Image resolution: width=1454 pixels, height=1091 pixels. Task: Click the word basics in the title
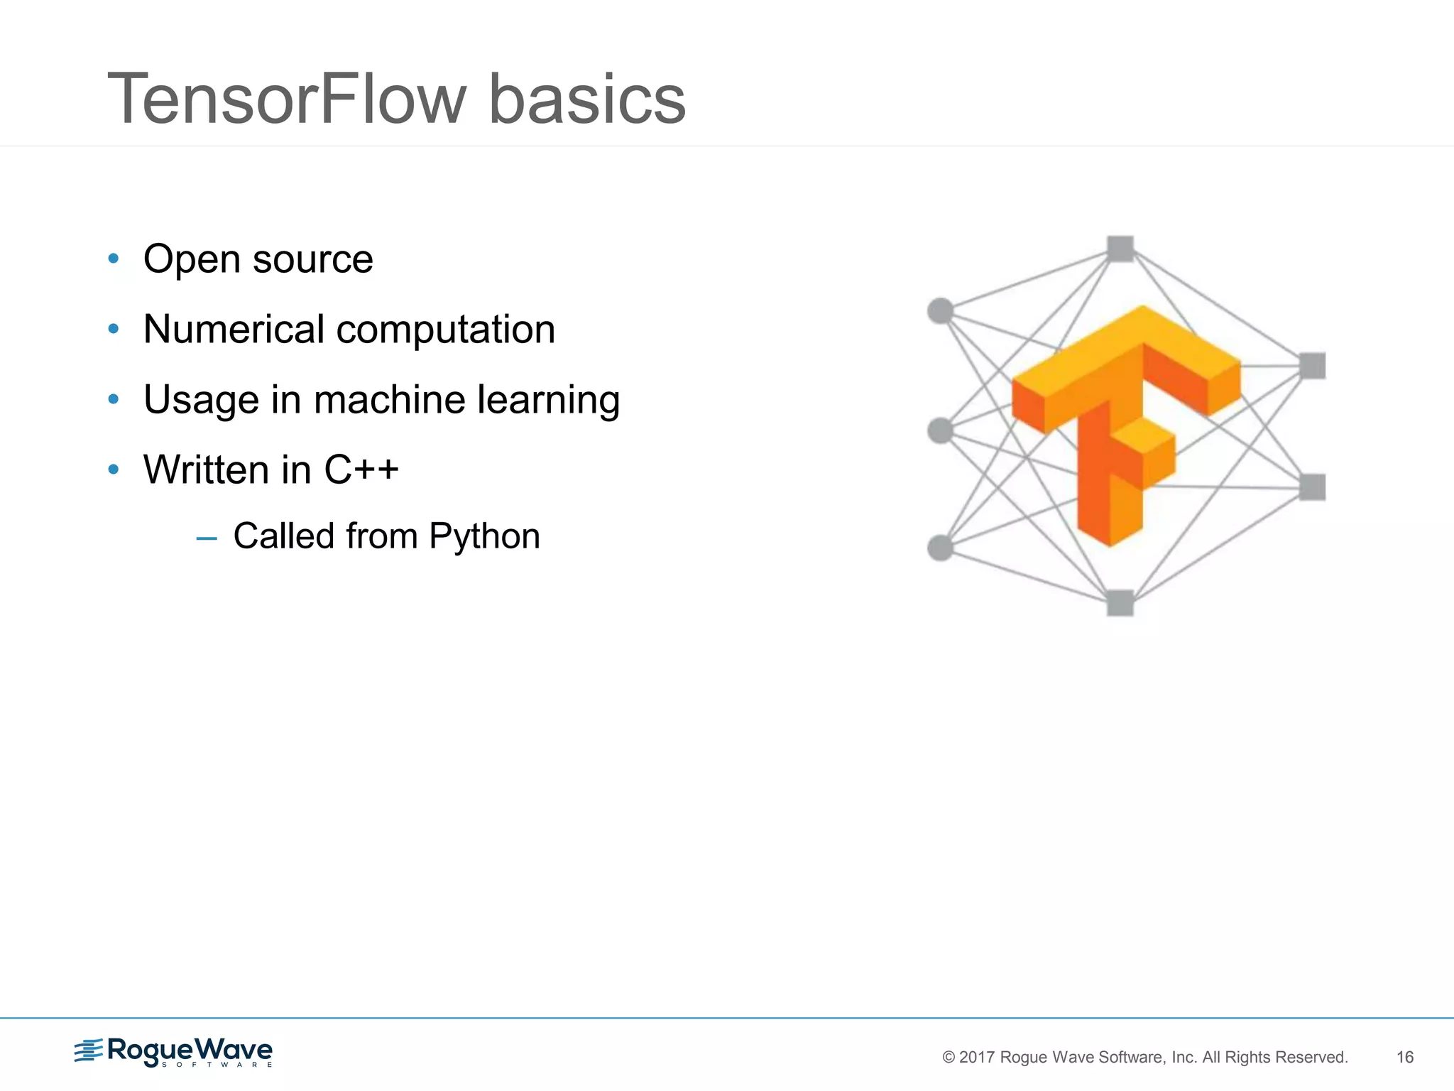coord(587,99)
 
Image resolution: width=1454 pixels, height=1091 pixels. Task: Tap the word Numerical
coord(234,330)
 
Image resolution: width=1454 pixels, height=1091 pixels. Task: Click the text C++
coord(361,469)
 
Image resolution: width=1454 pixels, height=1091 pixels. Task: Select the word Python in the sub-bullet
coord(484,537)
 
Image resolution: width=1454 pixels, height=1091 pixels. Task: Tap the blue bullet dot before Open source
coord(114,259)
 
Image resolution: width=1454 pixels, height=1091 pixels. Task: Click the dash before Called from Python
coord(206,538)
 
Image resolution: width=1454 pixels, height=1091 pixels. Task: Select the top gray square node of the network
coord(1120,249)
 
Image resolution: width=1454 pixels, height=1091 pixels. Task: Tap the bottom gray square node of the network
coord(1120,603)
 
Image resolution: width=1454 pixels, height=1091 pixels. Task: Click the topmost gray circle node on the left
coord(941,310)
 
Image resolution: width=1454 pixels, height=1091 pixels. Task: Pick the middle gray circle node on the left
coord(941,430)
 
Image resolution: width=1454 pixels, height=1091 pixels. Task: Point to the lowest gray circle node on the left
coord(941,548)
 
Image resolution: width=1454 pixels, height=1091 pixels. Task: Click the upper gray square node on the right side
coord(1312,366)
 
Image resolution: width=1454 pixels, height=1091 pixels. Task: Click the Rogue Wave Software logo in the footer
coord(174,1052)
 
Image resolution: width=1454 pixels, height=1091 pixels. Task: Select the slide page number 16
coord(1404,1057)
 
